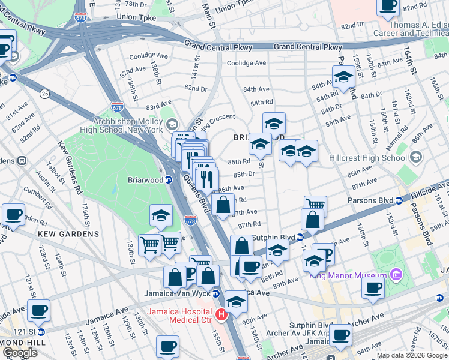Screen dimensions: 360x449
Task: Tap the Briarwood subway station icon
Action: point(169,179)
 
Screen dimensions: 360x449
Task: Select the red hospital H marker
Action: point(221,314)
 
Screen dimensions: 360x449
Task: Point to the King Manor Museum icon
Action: point(396,275)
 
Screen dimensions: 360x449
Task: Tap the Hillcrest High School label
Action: point(368,158)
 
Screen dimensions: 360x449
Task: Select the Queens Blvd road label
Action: point(205,200)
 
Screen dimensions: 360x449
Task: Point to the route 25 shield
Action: point(44,94)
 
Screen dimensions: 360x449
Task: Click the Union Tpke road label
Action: point(136,17)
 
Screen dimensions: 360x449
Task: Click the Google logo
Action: point(20,353)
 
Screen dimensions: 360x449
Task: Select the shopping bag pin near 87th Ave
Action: point(223,205)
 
